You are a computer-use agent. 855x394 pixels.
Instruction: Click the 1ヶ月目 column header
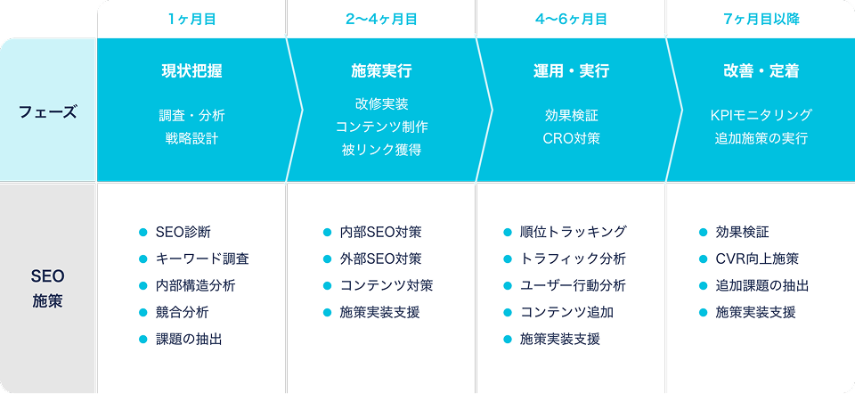point(192,20)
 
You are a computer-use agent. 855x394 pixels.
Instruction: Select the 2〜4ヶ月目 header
point(381,20)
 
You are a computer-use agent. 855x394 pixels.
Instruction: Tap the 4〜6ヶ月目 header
point(571,20)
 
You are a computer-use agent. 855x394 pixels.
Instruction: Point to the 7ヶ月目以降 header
point(761,20)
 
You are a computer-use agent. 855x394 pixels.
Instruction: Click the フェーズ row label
point(48,112)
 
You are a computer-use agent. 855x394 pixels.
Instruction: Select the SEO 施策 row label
point(48,289)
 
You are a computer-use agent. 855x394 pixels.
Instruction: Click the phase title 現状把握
point(192,71)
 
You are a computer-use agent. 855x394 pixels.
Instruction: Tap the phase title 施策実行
point(381,71)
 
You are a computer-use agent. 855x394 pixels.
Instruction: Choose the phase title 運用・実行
point(571,71)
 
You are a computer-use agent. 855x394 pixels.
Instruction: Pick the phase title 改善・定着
point(761,71)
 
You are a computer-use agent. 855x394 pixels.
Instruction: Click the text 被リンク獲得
point(381,150)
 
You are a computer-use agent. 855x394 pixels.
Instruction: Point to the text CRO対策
point(572,138)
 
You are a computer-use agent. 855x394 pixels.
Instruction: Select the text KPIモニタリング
point(761,116)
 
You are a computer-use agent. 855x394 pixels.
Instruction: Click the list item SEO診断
point(183,232)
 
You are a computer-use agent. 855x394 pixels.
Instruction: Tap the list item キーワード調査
point(202,259)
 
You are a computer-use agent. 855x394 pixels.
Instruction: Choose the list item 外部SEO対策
point(380,259)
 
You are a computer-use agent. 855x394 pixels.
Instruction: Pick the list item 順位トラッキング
point(573,232)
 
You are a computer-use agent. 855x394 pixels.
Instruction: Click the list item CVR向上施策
point(757,259)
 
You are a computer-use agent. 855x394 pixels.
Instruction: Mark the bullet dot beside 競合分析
point(143,313)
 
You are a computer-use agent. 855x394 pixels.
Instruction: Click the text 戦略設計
point(192,138)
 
